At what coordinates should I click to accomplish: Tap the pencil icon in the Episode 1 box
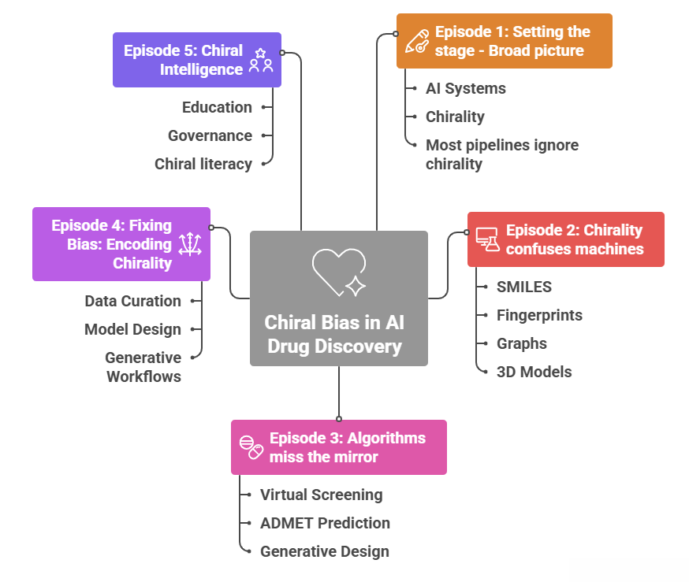415,41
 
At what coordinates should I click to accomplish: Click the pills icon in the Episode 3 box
251,447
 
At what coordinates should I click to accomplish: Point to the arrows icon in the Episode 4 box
190,244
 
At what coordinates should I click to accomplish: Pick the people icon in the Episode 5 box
260,60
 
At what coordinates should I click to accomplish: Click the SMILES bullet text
523,287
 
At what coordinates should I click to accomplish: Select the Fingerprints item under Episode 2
539,315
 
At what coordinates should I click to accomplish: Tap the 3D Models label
534,372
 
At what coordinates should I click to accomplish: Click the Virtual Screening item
321,495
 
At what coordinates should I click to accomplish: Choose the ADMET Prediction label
325,523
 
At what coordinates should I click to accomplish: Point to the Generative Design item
324,551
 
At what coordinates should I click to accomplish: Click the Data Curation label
132,301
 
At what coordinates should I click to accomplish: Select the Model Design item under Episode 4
132,329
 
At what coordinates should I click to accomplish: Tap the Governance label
210,135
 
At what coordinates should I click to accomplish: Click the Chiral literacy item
203,164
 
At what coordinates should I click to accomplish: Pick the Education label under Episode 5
217,107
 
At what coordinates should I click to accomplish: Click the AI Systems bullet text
465,88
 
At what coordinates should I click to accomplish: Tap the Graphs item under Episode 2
521,343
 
